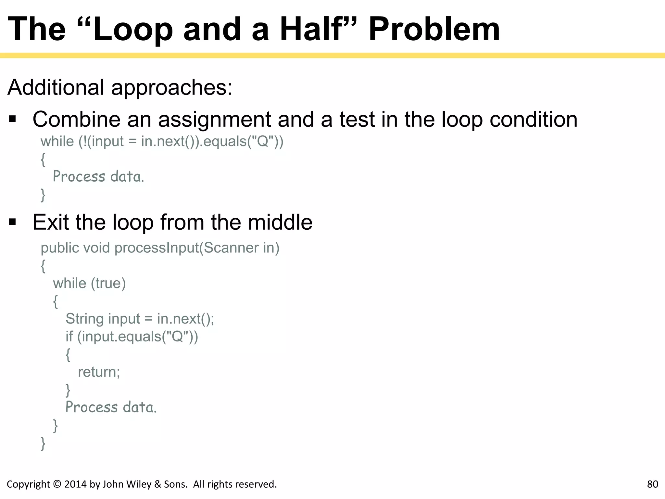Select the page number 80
pyautogui.click(x=652, y=484)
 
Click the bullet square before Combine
pyautogui.click(x=13, y=119)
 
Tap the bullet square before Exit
pyautogui.click(x=13, y=222)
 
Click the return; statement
pyautogui.click(x=99, y=372)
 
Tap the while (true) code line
pyautogui.click(x=89, y=283)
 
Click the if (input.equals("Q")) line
pyautogui.click(x=132, y=336)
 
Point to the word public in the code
pyautogui.click(x=60, y=248)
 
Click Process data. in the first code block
pyautogui.click(x=98, y=176)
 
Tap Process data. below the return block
pyautogui.click(x=111, y=407)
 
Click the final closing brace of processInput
pyautogui.click(x=43, y=443)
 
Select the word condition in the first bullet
pyautogui.click(x=533, y=119)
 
